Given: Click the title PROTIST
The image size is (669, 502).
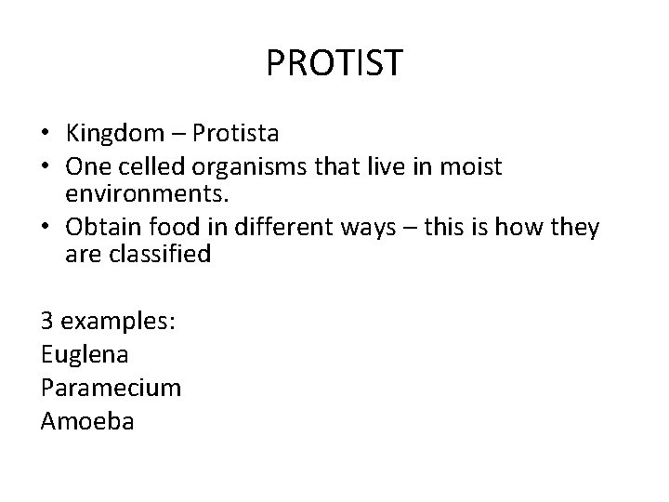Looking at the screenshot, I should point(334,63).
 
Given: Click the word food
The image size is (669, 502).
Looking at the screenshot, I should point(180,227).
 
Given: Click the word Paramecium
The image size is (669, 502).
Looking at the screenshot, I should point(111,387).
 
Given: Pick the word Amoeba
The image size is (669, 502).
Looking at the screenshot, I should point(88,420).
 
